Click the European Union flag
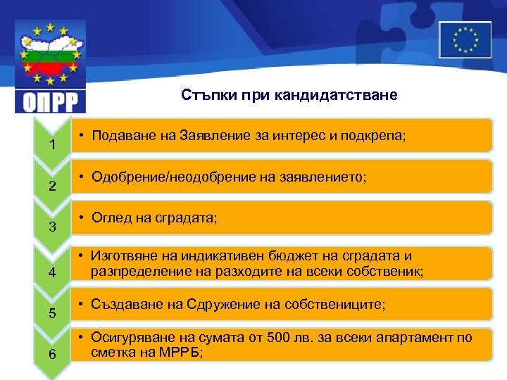[x=465, y=39]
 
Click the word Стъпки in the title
[x=204, y=94]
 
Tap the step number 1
[x=52, y=146]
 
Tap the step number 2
[x=52, y=186]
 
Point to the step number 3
[x=52, y=227]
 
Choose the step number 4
[x=52, y=272]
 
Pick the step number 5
[x=52, y=313]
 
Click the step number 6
[x=52, y=354]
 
